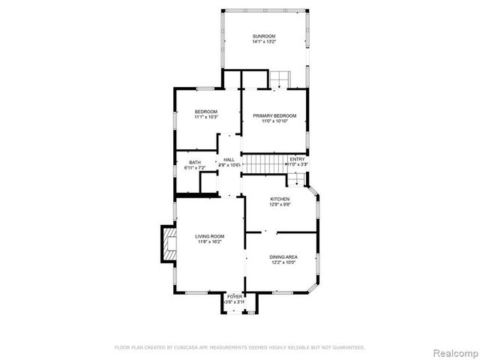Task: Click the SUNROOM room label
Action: click(264, 36)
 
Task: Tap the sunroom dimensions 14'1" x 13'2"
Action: click(264, 42)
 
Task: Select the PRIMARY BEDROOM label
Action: click(274, 115)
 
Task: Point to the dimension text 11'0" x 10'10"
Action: click(274, 121)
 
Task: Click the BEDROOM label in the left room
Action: click(205, 111)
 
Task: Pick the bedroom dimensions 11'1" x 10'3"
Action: click(205, 117)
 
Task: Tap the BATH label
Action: click(195, 163)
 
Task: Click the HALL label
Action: click(229, 160)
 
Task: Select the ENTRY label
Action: click(298, 159)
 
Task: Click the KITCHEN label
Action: click(280, 199)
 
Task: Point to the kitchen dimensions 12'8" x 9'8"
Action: click(280, 205)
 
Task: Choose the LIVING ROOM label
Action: click(210, 236)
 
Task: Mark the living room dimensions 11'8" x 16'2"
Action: click(210, 242)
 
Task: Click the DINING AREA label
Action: click(283, 256)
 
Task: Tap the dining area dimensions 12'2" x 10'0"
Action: click(283, 262)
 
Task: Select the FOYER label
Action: click(235, 296)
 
